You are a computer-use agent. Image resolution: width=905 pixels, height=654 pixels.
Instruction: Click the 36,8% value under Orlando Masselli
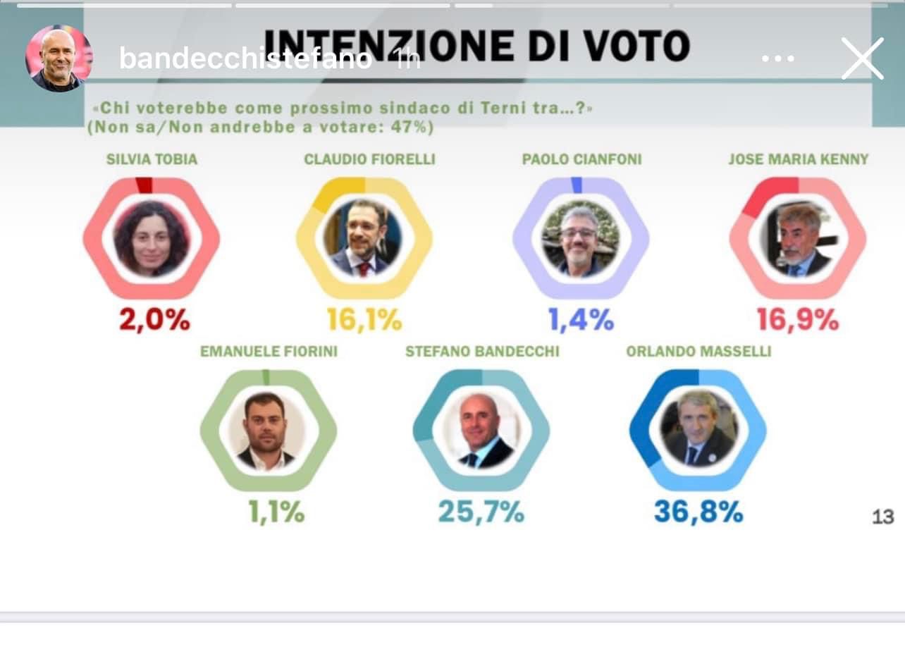coord(698,512)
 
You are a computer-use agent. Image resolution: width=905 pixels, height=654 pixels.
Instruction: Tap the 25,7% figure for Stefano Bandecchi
coord(481,512)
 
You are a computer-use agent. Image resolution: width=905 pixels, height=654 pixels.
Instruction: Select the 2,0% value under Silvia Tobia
coord(154,320)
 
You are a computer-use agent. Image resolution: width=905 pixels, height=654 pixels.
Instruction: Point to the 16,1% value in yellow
coord(364,320)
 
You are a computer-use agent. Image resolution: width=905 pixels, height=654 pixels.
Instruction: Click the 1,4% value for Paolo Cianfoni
coord(581,320)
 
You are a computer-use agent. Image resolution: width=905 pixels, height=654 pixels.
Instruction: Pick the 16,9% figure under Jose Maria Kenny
coord(797,320)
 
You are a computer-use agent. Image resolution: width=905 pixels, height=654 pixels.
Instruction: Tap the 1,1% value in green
coord(276,512)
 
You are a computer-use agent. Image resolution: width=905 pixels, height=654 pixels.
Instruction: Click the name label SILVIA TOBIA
coord(152,159)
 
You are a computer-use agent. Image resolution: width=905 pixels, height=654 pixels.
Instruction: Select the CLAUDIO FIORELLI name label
coord(369,159)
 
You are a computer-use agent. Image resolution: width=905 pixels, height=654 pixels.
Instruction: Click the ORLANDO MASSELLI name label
coord(698,351)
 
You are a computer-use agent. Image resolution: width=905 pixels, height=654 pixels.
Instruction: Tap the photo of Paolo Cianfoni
coord(580,240)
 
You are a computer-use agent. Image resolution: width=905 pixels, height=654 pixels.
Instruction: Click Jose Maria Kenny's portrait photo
coord(798,240)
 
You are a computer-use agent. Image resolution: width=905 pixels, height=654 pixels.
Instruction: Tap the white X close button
coord(862,58)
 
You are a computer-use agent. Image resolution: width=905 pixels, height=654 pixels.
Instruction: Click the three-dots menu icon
coord(778,58)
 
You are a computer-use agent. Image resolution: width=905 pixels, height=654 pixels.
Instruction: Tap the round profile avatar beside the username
coord(59,58)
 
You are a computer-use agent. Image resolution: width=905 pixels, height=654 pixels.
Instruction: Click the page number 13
coord(882,517)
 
